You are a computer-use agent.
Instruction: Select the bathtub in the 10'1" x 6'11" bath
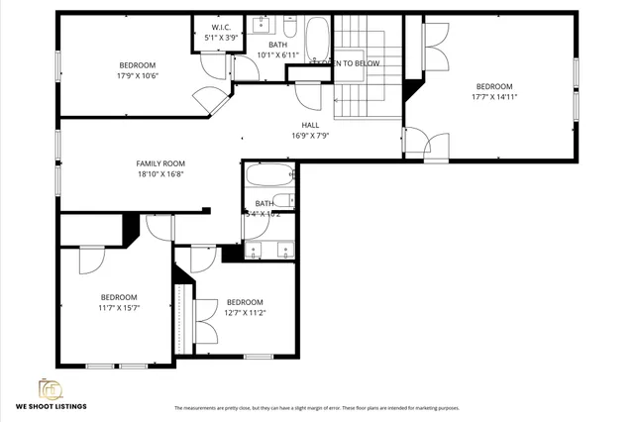(317, 40)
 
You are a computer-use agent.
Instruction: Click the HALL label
(310, 125)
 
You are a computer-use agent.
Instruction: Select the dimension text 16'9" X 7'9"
(310, 136)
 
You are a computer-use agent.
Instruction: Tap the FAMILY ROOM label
(160, 163)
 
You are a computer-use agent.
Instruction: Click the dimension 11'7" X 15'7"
(119, 307)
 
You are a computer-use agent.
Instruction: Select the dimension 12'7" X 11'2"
(245, 313)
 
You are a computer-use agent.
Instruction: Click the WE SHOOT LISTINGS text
(51, 406)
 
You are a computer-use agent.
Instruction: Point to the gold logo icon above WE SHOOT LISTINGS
(50, 388)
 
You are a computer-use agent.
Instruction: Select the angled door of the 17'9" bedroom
(209, 99)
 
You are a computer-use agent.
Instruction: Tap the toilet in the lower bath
(281, 201)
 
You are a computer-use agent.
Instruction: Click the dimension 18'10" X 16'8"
(160, 174)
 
